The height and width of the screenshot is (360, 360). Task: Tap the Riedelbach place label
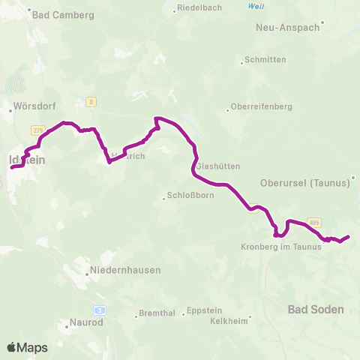(198, 9)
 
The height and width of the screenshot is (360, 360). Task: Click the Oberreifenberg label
(261, 106)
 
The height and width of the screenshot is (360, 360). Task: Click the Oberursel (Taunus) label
(304, 182)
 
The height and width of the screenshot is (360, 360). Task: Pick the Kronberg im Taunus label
(280, 246)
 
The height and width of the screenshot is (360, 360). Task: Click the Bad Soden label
(316, 309)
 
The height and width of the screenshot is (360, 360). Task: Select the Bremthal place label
(160, 315)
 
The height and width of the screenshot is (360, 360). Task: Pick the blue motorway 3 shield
(98, 309)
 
